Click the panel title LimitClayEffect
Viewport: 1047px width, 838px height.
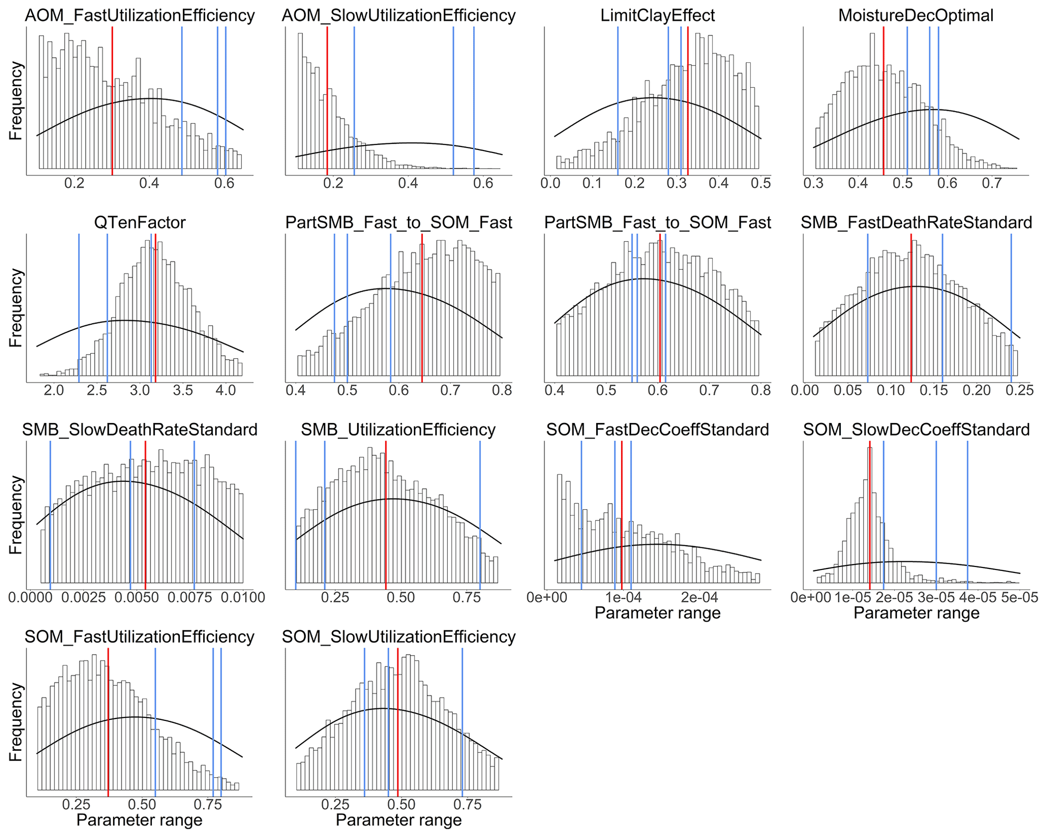tap(657, 15)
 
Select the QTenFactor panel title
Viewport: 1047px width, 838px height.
tap(140, 222)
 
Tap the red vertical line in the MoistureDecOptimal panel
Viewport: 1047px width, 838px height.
tap(883, 101)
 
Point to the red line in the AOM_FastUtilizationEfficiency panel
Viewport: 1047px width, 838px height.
tap(112, 101)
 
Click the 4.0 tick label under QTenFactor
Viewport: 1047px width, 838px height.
tap(226, 390)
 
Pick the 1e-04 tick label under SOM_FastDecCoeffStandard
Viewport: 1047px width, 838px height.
tap(623, 597)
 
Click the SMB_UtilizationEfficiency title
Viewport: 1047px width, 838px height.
tap(398, 430)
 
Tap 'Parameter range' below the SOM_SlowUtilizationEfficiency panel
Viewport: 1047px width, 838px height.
tap(399, 820)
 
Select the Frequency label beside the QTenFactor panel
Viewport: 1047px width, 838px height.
tap(16, 308)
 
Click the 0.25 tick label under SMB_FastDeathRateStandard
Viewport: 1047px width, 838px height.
tap(1019, 390)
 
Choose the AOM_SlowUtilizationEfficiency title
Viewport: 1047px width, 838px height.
tap(399, 15)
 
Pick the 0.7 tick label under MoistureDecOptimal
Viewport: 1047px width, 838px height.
tap(992, 183)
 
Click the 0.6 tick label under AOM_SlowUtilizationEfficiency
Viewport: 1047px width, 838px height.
tap(483, 183)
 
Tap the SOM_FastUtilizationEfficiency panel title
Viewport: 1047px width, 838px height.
tap(139, 637)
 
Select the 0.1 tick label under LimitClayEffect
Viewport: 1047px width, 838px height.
tap(592, 183)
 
